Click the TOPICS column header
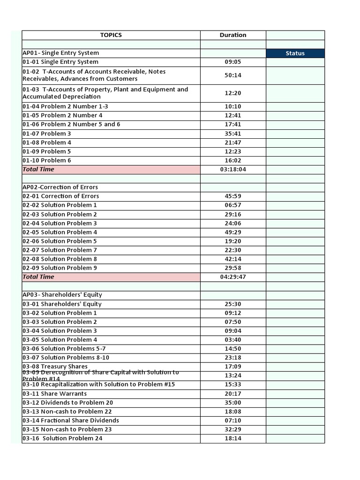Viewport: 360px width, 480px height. point(111,35)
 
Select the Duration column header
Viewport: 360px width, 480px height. point(233,35)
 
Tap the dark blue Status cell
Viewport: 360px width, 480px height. point(295,53)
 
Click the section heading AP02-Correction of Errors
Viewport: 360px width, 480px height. point(60,187)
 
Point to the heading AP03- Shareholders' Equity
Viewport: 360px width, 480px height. point(62,295)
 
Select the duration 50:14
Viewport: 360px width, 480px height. point(233,75)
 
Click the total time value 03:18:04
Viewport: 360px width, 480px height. point(233,170)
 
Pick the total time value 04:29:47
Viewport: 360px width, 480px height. point(233,277)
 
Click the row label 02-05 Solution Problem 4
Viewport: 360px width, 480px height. point(60,232)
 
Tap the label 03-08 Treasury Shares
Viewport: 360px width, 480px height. point(55,367)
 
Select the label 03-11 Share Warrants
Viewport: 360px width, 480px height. point(54,394)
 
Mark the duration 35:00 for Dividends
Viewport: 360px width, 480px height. point(233,403)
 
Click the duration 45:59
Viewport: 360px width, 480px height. point(233,196)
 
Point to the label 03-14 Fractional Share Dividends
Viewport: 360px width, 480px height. point(71,420)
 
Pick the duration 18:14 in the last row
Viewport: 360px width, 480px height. point(233,438)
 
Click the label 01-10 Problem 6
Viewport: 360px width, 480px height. point(47,160)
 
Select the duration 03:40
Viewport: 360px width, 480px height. point(233,340)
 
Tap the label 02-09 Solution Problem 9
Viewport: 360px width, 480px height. point(60,268)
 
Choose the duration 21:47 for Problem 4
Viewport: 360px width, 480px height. point(233,142)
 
